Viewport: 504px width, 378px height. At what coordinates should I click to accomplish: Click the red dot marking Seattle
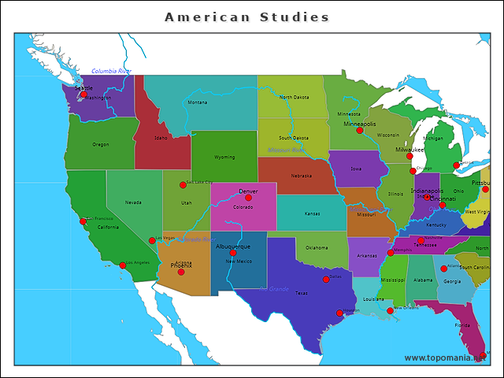click(x=84, y=94)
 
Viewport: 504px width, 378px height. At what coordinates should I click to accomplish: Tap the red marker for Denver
click(x=248, y=198)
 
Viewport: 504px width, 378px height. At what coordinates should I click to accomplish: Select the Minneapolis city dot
click(x=360, y=131)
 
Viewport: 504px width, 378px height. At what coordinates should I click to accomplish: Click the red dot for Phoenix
click(x=181, y=272)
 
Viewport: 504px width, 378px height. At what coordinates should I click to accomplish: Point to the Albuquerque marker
click(x=233, y=253)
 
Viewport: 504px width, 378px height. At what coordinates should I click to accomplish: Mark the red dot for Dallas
click(x=326, y=279)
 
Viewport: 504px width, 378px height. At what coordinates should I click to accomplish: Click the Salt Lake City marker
click(x=183, y=185)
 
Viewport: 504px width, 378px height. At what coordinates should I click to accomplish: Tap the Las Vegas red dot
click(x=152, y=240)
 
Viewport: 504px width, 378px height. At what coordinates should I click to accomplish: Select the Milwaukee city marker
click(x=409, y=156)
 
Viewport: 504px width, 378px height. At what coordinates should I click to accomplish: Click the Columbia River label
click(x=111, y=71)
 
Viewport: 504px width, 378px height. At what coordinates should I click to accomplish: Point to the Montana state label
click(x=198, y=102)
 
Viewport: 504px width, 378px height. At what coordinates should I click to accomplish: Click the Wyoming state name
click(x=224, y=157)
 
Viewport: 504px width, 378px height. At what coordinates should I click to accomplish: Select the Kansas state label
click(x=313, y=213)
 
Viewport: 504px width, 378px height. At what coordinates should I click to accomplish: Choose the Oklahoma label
click(x=317, y=247)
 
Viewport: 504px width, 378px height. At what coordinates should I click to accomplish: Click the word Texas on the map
click(x=302, y=292)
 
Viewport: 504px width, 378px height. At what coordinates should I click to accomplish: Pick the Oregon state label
click(x=101, y=145)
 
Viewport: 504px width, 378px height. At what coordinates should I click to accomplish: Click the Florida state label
click(x=462, y=324)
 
